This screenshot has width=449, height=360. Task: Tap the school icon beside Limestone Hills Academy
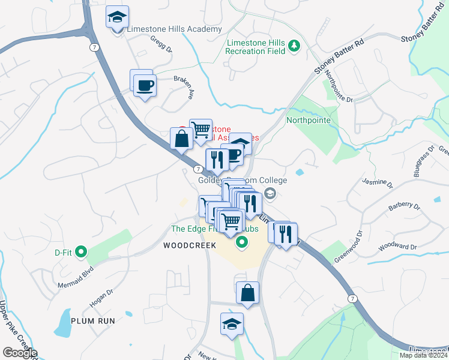point(116,17)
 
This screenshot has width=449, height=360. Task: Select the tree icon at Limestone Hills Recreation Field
point(294,45)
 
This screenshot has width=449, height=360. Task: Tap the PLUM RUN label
point(92,321)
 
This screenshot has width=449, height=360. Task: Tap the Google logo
point(20,353)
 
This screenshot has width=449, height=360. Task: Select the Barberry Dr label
point(405,206)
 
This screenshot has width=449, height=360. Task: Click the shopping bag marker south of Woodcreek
point(247,293)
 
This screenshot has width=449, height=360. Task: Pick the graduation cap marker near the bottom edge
point(232,325)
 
